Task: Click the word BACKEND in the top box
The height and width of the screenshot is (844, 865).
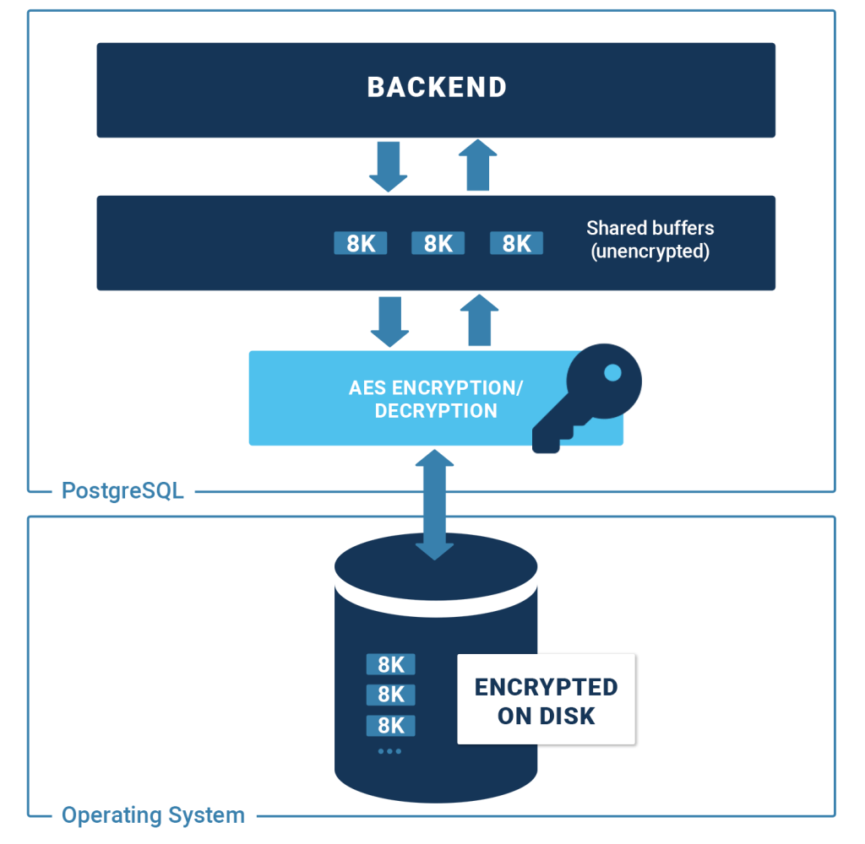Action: tap(436, 87)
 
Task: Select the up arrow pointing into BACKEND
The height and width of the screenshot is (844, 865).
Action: tap(479, 166)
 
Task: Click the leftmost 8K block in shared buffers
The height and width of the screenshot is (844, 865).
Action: tap(361, 243)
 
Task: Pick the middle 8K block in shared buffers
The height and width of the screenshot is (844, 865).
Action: tap(438, 243)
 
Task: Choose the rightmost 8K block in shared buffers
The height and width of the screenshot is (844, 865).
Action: tap(516, 243)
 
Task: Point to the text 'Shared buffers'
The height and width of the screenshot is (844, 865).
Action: tap(650, 228)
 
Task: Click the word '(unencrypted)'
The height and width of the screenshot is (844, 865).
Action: tap(650, 252)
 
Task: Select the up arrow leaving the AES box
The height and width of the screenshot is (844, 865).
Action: tap(480, 321)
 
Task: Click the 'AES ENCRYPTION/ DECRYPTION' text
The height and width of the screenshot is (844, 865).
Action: tap(436, 399)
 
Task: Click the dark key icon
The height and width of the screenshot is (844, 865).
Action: tap(587, 397)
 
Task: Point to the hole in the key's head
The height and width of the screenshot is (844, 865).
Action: tap(612, 372)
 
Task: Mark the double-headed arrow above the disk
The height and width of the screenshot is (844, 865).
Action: tap(435, 504)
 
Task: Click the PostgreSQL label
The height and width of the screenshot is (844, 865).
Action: tap(122, 490)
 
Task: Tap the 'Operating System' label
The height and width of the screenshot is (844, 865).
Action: tap(153, 815)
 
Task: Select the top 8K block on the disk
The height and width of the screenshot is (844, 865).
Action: tap(390, 664)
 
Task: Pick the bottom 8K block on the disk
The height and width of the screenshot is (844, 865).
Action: tap(390, 725)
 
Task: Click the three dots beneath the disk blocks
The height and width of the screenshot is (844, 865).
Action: tap(389, 750)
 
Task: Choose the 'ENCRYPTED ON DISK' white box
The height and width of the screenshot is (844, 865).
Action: tap(546, 700)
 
